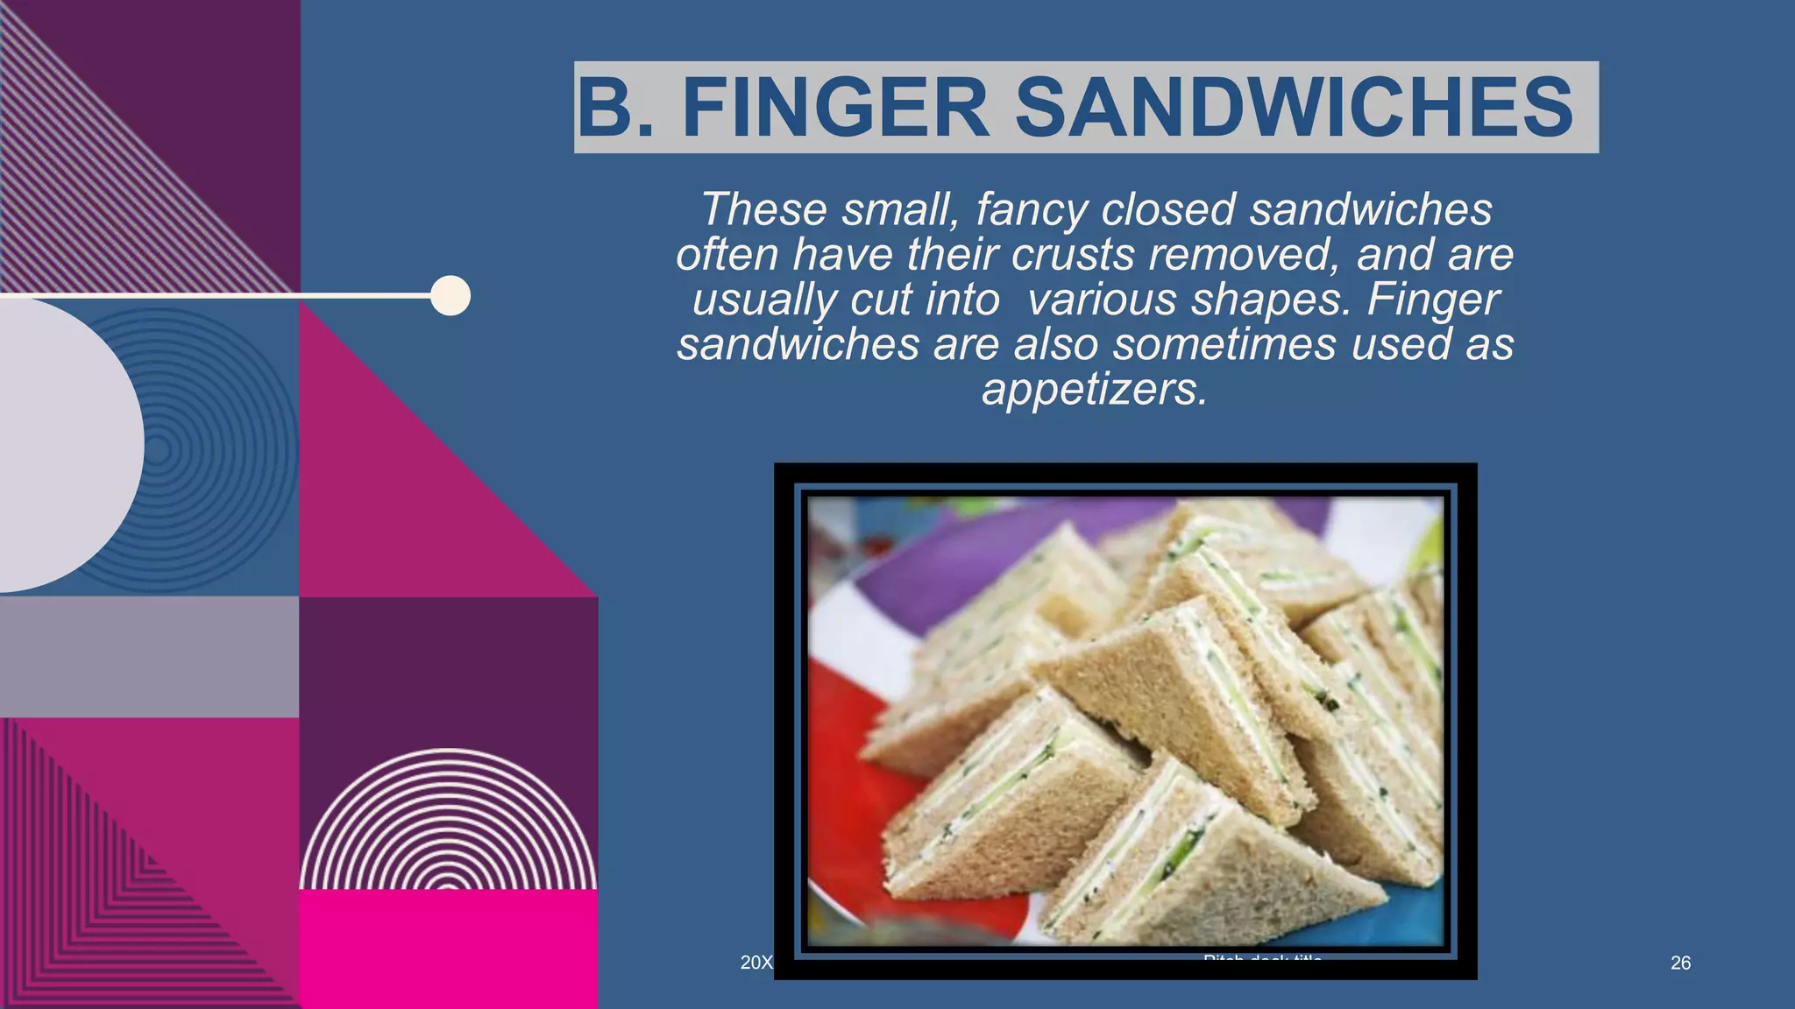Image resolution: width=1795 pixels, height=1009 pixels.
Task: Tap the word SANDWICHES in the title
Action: coord(1294,108)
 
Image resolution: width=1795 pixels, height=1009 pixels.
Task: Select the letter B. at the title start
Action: coord(616,108)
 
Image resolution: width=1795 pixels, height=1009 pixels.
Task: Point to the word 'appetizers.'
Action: coord(1095,389)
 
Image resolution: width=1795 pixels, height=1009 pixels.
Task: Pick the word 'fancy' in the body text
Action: coord(1032,209)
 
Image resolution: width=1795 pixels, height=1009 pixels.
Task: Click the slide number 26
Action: coord(1680,963)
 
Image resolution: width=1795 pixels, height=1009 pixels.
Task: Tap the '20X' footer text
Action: coord(756,963)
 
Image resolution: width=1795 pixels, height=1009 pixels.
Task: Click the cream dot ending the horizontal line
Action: coord(451,295)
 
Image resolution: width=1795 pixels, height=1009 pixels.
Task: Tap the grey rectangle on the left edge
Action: coord(149,657)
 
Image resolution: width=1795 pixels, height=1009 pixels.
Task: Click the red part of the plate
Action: coord(841,771)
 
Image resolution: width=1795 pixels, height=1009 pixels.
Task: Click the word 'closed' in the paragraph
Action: coord(1168,209)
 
